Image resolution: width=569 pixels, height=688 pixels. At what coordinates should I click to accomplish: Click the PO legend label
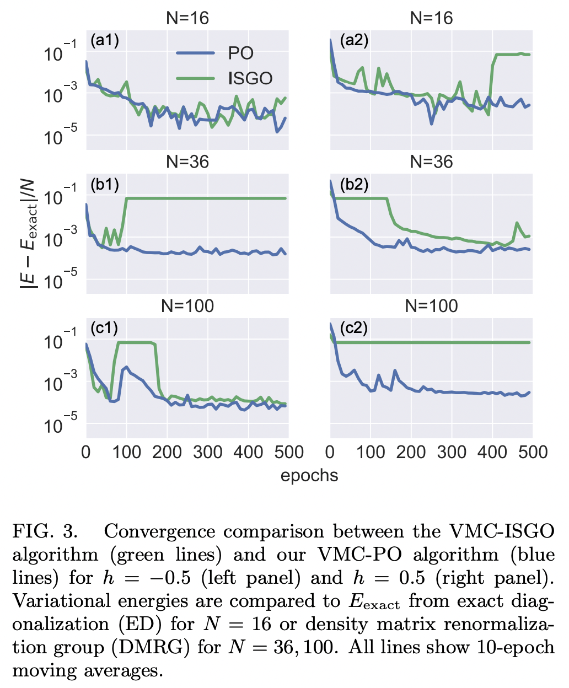tap(241, 53)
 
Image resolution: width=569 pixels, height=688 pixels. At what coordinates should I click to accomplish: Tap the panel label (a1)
tap(105, 40)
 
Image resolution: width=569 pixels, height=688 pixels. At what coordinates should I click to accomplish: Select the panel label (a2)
tap(354, 40)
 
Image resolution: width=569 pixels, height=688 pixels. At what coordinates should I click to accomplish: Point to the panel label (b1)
tap(105, 184)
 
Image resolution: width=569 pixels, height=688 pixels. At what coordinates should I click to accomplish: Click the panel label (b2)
tap(354, 184)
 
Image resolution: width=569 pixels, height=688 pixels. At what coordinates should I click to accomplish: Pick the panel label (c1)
tap(105, 328)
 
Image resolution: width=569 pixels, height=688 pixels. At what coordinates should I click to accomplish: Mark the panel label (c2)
tap(354, 328)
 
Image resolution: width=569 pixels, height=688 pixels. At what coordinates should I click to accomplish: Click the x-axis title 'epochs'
tap(309, 475)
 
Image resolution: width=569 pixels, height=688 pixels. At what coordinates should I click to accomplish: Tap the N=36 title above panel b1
tap(187, 162)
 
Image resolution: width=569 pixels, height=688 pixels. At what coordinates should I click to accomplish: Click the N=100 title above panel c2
tap(431, 306)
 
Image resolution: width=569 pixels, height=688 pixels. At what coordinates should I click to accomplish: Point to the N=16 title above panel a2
tap(431, 18)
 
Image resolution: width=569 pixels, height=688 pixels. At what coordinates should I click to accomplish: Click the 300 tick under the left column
tap(207, 453)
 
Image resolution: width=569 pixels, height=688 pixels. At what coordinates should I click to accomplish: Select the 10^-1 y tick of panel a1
tap(61, 53)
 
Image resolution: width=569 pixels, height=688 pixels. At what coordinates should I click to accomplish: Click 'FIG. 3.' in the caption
tap(45, 531)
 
